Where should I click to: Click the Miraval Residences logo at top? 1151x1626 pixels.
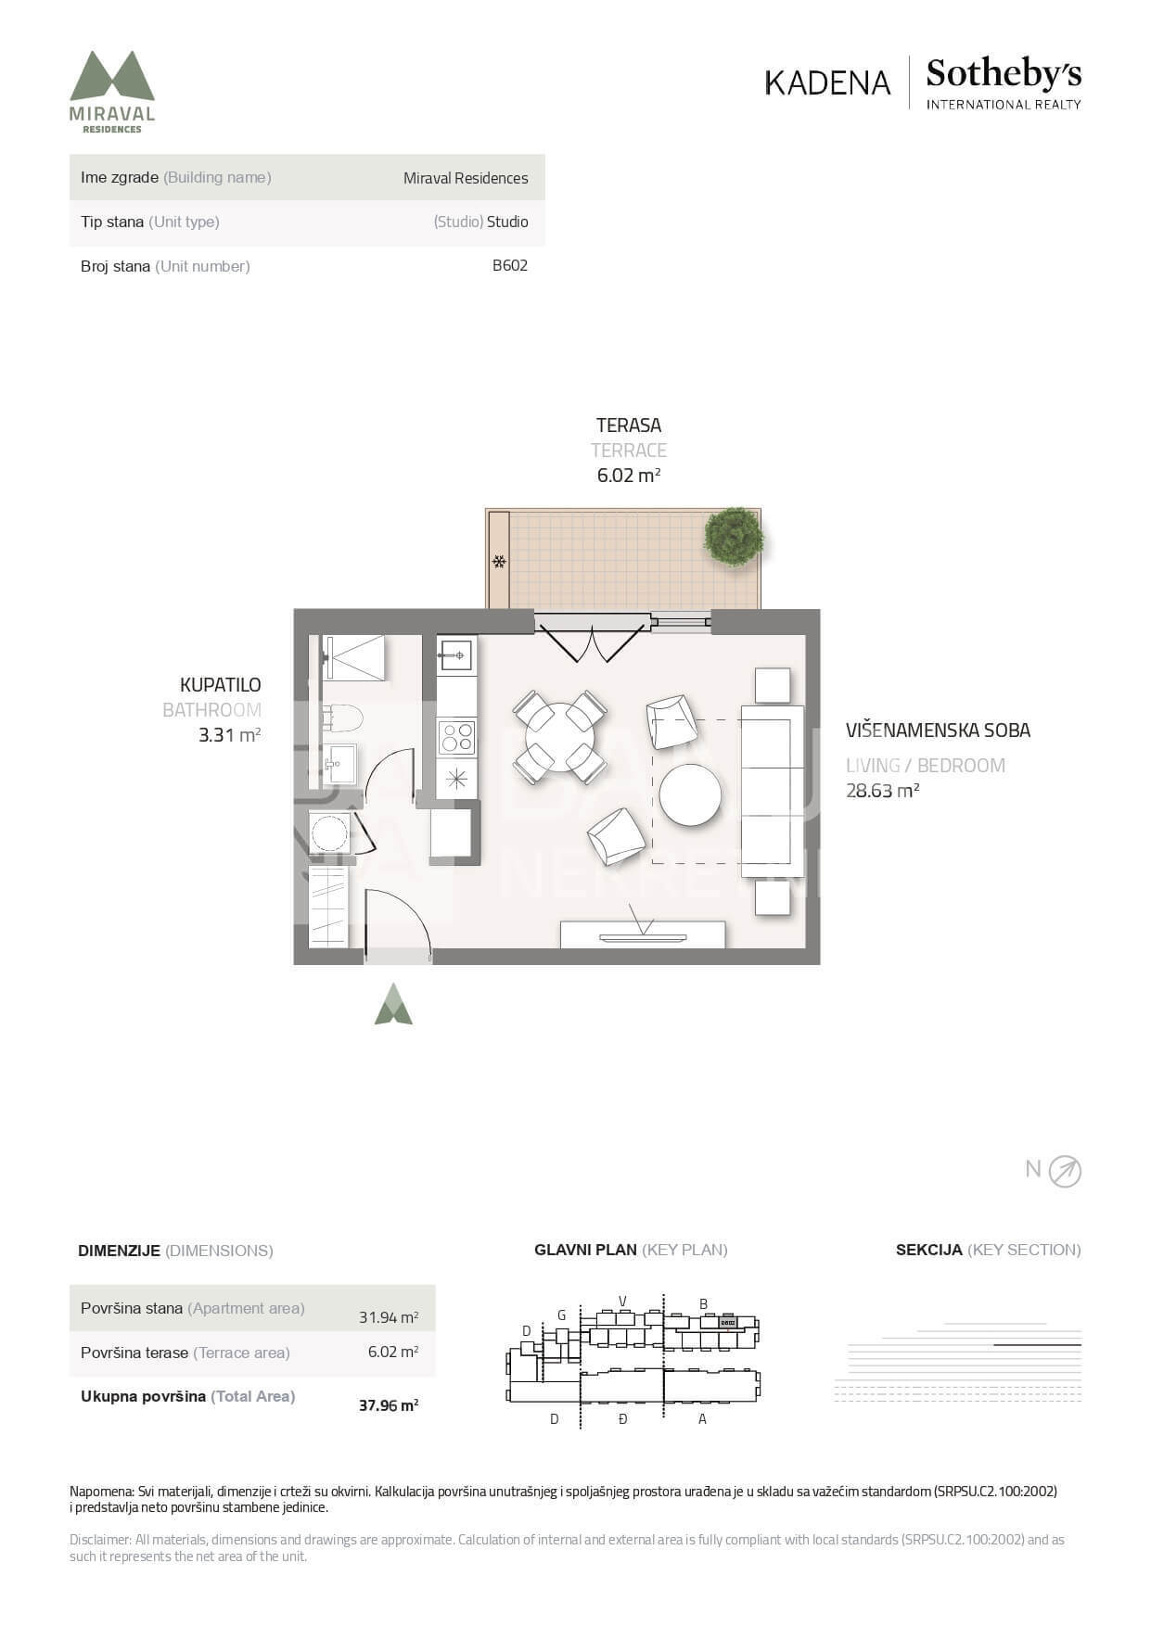pyautogui.click(x=112, y=91)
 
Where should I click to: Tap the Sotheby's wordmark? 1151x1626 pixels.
pyautogui.click(x=1004, y=74)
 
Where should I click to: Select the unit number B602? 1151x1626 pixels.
pyautogui.click(x=510, y=265)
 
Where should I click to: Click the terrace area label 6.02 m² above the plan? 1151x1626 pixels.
pyautogui.click(x=629, y=476)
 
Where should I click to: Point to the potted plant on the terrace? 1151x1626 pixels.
pyautogui.click(x=734, y=536)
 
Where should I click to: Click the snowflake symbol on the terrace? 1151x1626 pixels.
pyautogui.click(x=499, y=561)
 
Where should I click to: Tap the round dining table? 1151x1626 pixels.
pyautogui.click(x=560, y=737)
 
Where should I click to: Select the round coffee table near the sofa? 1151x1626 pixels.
pyautogui.click(x=690, y=794)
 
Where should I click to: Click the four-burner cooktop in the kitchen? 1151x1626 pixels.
pyautogui.click(x=456, y=738)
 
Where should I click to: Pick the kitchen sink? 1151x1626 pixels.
pyautogui.click(x=455, y=655)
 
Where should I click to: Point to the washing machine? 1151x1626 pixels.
pyautogui.click(x=330, y=833)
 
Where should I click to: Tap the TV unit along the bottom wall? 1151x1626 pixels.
pyautogui.click(x=643, y=934)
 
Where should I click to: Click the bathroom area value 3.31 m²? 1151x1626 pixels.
pyautogui.click(x=229, y=735)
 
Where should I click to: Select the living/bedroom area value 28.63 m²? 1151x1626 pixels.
pyautogui.click(x=882, y=791)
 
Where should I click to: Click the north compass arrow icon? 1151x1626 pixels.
pyautogui.click(x=1065, y=1172)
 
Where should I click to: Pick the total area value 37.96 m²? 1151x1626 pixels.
pyautogui.click(x=389, y=1405)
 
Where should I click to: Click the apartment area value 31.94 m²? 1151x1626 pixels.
pyautogui.click(x=389, y=1317)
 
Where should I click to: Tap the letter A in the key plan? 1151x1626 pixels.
pyautogui.click(x=702, y=1419)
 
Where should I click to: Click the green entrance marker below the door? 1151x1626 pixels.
pyautogui.click(x=393, y=1004)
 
